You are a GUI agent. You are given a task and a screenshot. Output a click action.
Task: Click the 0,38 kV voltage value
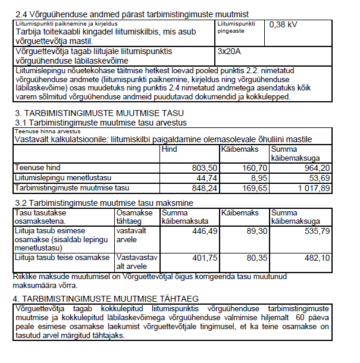(284, 25)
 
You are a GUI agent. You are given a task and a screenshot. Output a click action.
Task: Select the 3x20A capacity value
(229, 51)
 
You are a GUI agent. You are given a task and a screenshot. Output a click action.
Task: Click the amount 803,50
(202, 167)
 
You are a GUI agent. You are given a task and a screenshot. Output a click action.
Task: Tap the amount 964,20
(309, 167)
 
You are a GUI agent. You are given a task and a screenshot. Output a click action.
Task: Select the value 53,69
(313, 177)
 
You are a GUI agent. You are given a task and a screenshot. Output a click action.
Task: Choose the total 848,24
(202, 187)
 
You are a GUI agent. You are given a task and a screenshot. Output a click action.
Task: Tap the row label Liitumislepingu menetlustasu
(62, 177)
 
